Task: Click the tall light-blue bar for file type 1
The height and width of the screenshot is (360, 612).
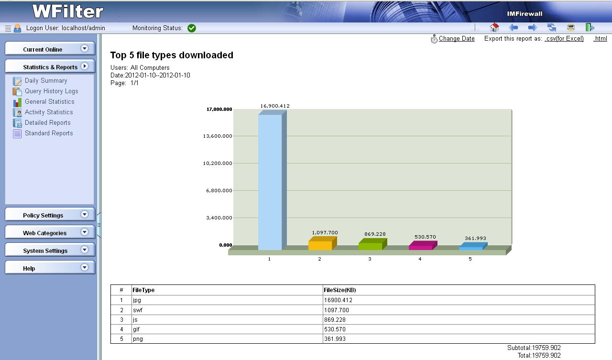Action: click(270, 182)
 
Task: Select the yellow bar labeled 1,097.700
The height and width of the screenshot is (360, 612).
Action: click(320, 245)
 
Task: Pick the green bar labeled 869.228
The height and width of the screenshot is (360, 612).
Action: click(371, 246)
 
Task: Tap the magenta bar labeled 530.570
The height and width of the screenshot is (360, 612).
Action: click(421, 247)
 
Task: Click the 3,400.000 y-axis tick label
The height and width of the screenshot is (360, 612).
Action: click(219, 218)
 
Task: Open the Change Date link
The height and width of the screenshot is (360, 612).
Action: click(457, 39)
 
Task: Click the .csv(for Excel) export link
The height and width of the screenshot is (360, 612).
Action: click(564, 39)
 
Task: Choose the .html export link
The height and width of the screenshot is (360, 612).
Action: click(600, 39)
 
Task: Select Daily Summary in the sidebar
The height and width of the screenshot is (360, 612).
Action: click(46, 81)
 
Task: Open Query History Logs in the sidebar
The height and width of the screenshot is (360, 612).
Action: click(51, 91)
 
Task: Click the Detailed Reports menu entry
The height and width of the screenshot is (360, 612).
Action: click(47, 123)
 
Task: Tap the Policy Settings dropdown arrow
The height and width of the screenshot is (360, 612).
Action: click(85, 215)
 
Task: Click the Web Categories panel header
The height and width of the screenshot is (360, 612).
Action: click(44, 233)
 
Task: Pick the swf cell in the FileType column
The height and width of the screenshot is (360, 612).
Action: click(138, 310)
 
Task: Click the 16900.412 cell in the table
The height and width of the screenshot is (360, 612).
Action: click(338, 300)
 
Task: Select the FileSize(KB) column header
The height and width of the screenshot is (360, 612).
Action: click(340, 290)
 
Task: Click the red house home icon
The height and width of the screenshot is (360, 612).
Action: click(494, 28)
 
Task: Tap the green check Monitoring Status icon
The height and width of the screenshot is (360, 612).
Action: click(192, 28)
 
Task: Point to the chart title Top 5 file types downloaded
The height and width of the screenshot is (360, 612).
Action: click(172, 55)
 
